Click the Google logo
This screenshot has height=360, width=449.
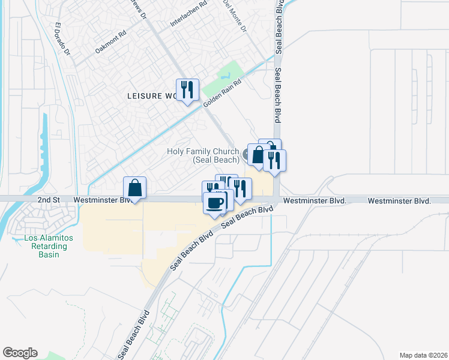tap(20, 353)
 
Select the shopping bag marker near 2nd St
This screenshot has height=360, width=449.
tap(136, 188)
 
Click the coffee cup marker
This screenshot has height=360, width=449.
tap(214, 202)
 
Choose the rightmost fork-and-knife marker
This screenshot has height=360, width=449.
tap(274, 160)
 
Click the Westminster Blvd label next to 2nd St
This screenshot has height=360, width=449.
tap(102, 199)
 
